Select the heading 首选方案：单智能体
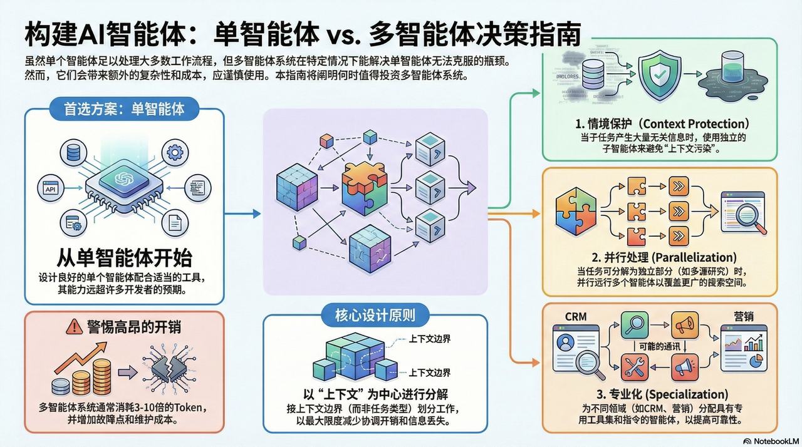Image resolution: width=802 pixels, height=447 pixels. pyautogui.click(x=125, y=108)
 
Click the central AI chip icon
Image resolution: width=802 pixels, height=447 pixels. pyautogui.click(x=125, y=180)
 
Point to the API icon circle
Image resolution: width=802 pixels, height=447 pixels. pyautogui.click(x=49, y=188)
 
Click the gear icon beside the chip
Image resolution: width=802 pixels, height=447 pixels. pyautogui.click(x=174, y=152)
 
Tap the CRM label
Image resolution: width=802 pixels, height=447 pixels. pyautogui.click(x=576, y=317)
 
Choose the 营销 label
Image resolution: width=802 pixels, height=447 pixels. pyautogui.click(x=744, y=317)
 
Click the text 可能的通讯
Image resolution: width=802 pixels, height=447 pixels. pyautogui.click(x=654, y=346)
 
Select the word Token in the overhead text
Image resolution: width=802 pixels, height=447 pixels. pyautogui.click(x=187, y=408)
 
